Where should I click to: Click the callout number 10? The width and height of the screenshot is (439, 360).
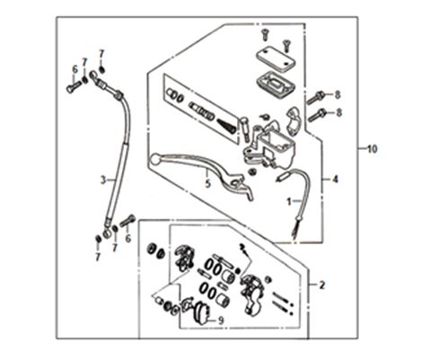373,149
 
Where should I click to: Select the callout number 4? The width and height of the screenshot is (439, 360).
336,180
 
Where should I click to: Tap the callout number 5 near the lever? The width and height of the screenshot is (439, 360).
208,183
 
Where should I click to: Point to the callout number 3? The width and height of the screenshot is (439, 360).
103,180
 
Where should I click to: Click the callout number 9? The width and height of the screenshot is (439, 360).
221,320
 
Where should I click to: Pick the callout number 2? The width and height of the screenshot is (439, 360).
321,285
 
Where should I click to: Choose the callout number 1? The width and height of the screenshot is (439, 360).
289,202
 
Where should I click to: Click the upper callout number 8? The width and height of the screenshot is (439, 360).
338,95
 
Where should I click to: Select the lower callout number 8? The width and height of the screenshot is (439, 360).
338,113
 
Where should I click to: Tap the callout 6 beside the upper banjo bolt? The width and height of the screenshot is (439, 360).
75,70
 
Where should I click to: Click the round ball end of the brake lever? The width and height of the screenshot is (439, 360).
155,159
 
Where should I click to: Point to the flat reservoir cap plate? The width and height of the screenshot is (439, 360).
276,61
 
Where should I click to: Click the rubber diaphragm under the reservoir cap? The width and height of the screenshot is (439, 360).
276,83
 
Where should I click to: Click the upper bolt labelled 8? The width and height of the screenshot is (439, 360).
315,98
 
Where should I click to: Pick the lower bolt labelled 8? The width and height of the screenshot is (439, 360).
317,116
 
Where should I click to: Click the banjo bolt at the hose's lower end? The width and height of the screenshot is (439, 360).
127,221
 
